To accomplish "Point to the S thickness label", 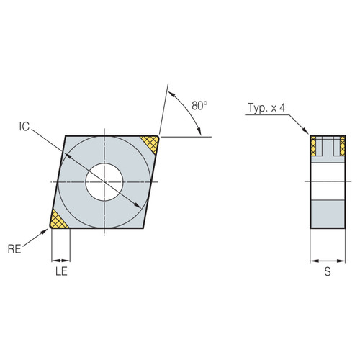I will click(328, 272).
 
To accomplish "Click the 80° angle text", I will click(200, 105).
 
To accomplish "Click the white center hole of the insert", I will click(104, 182).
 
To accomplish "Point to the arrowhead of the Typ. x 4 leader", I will click(308, 133).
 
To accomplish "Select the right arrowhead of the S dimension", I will click(342, 261).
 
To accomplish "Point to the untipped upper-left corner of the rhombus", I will click(66, 136).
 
